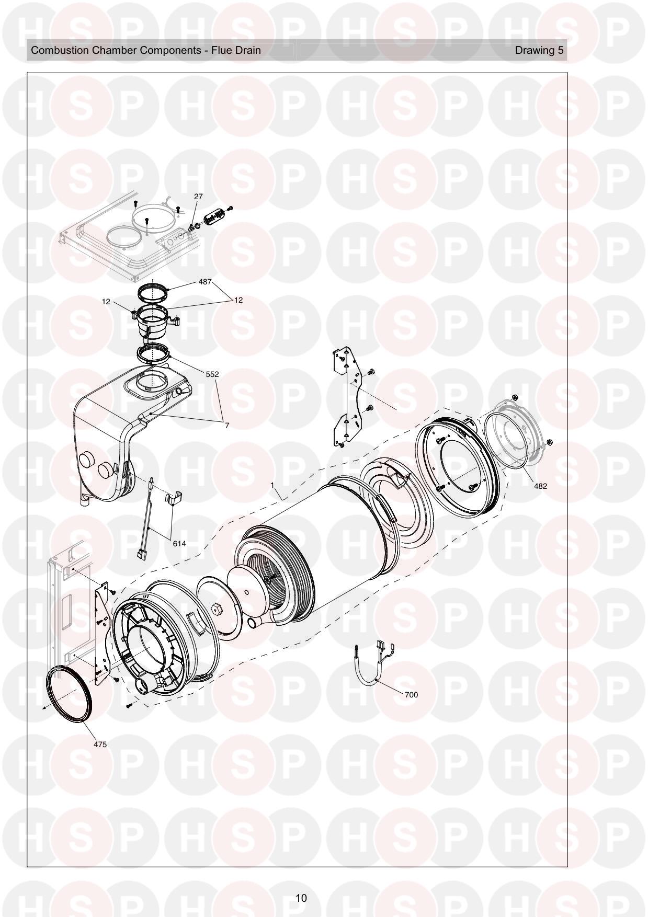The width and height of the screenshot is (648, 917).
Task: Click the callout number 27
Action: [198, 197]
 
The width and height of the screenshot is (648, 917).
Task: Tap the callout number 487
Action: [204, 282]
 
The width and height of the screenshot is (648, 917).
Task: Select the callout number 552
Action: [212, 374]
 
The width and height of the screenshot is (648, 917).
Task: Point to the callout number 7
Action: [227, 426]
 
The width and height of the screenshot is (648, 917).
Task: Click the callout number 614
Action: [179, 543]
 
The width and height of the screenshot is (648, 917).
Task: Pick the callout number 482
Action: [540, 486]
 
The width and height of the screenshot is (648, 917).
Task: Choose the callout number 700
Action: [411, 695]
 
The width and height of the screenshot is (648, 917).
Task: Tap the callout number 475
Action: [100, 744]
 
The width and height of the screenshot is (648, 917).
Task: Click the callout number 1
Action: [272, 485]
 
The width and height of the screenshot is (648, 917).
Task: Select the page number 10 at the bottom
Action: [301, 898]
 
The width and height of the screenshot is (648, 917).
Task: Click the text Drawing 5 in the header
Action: [539, 50]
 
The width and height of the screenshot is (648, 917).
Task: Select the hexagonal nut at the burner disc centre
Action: [215, 609]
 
